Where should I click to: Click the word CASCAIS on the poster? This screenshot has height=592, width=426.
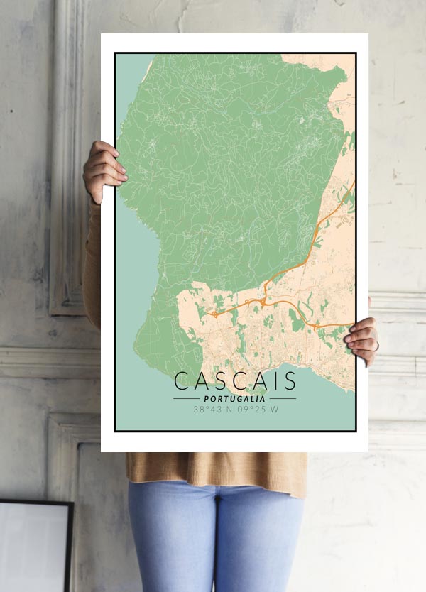[x=235, y=381]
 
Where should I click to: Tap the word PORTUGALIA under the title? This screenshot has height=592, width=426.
[x=235, y=399]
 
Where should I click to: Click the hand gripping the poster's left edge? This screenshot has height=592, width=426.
[x=104, y=170]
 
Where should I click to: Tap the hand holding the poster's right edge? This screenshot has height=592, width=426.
[x=363, y=340]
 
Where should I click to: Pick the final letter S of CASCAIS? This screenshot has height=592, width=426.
[x=288, y=381]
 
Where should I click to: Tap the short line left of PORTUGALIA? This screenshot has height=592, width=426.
[x=186, y=399]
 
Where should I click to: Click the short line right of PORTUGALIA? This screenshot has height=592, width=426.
[x=283, y=399]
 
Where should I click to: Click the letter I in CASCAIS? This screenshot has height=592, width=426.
[x=273, y=381]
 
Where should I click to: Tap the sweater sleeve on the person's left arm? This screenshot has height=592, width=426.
[x=92, y=263]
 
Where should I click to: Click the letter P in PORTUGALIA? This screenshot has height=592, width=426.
[x=206, y=399]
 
